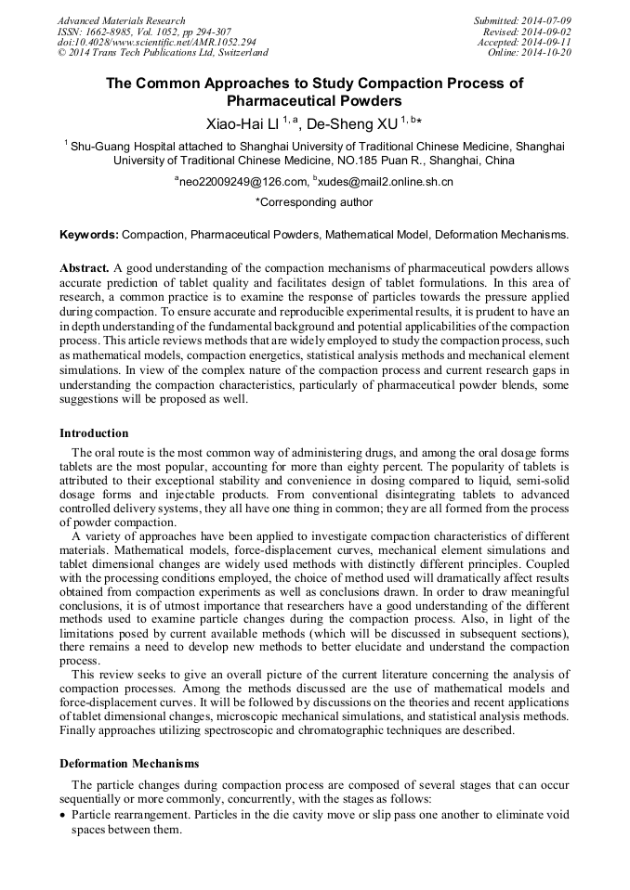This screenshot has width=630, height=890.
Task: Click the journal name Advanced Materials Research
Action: click(x=121, y=20)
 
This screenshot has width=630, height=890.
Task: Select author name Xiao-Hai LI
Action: click(x=243, y=123)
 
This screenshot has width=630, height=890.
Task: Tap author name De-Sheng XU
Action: click(x=351, y=123)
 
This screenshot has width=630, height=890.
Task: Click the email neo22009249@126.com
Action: click(x=243, y=182)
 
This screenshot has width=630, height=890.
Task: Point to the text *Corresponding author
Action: click(x=314, y=201)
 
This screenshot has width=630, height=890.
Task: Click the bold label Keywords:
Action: click(x=89, y=236)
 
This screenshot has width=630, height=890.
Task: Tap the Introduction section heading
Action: click(x=94, y=433)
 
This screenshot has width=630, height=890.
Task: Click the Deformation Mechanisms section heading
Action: click(x=129, y=764)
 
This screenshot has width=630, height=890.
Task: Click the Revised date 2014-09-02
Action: click(x=547, y=31)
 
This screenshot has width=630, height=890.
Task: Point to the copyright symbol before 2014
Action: click(x=61, y=53)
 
